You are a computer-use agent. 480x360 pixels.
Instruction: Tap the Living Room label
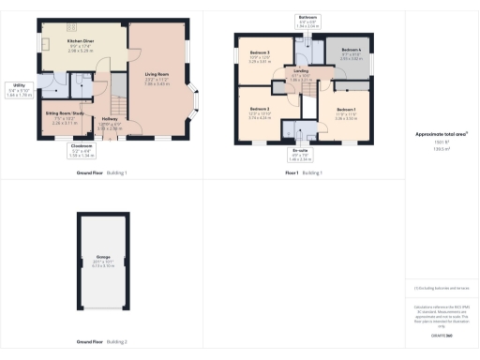click(x=156, y=73)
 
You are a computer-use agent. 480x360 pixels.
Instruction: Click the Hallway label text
click(x=110, y=119)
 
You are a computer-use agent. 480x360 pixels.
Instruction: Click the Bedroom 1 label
click(x=346, y=110)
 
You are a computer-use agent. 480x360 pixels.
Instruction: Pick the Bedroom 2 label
click(x=260, y=111)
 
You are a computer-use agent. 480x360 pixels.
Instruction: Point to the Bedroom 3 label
click(x=260, y=52)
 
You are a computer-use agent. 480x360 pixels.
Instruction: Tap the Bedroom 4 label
click(x=351, y=50)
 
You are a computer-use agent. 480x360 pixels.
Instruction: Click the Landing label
click(x=301, y=70)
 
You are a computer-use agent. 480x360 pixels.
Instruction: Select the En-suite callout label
click(x=299, y=148)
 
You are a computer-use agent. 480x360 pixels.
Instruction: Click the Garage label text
click(x=102, y=256)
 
